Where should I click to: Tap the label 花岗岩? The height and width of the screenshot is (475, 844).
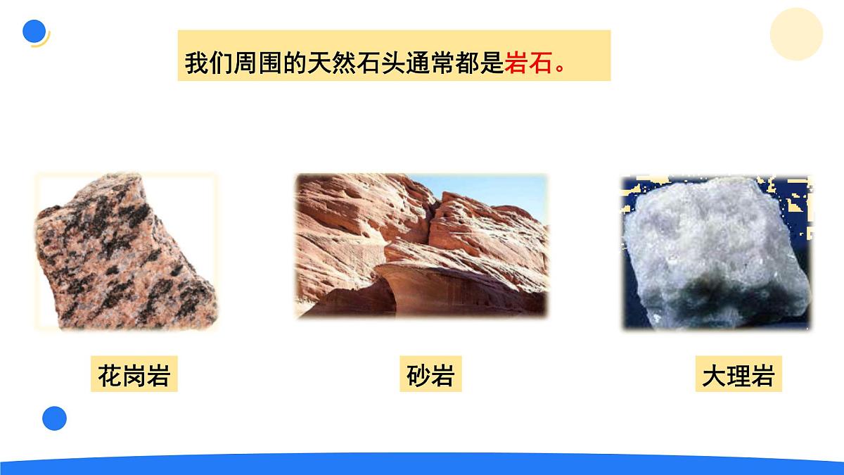pos(134,376)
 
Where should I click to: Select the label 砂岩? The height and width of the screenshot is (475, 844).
pos(430,376)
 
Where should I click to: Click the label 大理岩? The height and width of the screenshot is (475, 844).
pos(738,376)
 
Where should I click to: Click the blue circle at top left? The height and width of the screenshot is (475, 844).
pos(34,32)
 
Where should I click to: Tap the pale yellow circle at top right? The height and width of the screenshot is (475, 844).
pos(796,34)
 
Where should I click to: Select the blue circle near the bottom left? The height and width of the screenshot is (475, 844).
pos(54,418)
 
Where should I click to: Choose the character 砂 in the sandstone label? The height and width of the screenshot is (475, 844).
pos(418,376)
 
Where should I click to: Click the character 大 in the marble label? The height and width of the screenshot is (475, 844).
pos(714,376)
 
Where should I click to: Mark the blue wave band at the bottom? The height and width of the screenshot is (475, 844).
pos(422,465)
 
